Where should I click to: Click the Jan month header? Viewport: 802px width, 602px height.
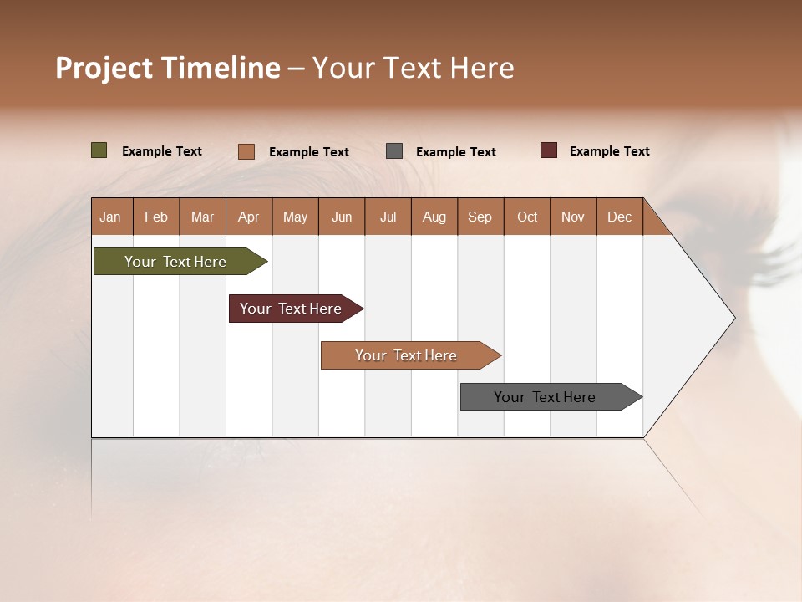tap(111, 217)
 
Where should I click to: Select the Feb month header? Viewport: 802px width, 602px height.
tap(156, 217)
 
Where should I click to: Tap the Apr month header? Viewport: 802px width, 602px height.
tap(249, 217)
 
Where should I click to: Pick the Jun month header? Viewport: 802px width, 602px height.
tap(342, 217)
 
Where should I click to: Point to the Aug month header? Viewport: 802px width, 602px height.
tap(434, 217)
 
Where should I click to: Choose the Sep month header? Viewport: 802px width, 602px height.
tap(480, 217)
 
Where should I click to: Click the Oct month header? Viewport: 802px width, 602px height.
tap(527, 217)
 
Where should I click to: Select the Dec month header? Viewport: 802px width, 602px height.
tap(620, 217)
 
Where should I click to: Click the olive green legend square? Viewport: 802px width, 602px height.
tap(99, 150)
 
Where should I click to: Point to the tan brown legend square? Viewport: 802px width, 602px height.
tap(246, 151)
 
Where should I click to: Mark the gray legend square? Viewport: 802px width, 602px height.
tap(394, 151)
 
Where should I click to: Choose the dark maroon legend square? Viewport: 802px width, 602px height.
tap(549, 150)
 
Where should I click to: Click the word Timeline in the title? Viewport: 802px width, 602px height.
tap(221, 68)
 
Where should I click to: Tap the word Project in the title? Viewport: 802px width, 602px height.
tap(104, 68)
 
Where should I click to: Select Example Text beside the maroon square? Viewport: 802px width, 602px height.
tap(610, 151)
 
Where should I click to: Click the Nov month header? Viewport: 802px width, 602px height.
tap(573, 217)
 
